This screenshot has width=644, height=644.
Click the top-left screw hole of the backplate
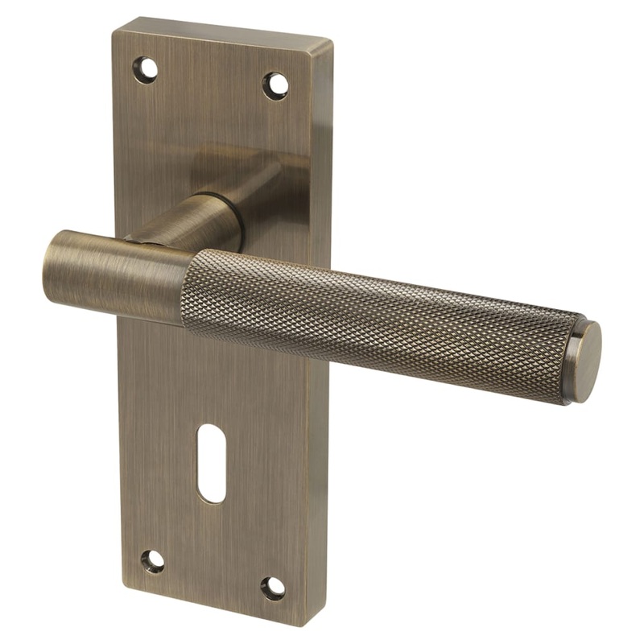click(146, 70)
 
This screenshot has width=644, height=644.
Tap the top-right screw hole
click(275, 85)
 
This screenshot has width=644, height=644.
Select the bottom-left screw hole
click(152, 561)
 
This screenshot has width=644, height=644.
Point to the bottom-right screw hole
click(273, 588)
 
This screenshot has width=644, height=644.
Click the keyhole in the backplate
click(211, 463)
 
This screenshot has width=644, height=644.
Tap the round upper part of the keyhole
click(211, 443)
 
